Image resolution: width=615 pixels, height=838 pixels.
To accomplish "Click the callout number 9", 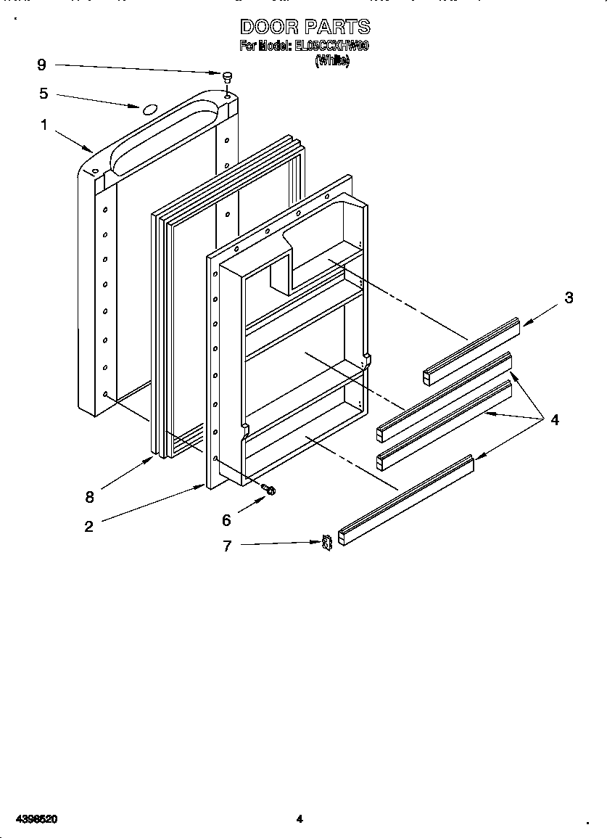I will pyautogui.click(x=41, y=65).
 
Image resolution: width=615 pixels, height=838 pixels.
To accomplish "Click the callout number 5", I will pyautogui.click(x=44, y=94).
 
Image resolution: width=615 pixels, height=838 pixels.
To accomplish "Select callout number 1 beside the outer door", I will pyautogui.click(x=44, y=126).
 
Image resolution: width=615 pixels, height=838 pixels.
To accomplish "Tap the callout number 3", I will pyautogui.click(x=569, y=297).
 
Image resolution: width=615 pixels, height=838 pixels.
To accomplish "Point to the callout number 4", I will pyautogui.click(x=555, y=419).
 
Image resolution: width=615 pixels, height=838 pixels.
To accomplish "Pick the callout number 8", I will pyautogui.click(x=90, y=497).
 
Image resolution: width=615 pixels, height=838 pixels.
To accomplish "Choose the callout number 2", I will pyautogui.click(x=88, y=527).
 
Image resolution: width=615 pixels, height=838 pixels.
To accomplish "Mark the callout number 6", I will pyautogui.click(x=226, y=520).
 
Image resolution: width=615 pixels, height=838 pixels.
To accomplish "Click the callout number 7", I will pyautogui.click(x=227, y=546).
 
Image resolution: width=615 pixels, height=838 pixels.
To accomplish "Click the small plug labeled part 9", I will pyautogui.click(x=227, y=76).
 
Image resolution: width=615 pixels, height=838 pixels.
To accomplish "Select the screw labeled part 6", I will pyautogui.click(x=270, y=490).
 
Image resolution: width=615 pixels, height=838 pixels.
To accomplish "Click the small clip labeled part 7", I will pyautogui.click(x=327, y=541).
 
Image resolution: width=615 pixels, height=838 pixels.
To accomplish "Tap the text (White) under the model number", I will pyautogui.click(x=332, y=62).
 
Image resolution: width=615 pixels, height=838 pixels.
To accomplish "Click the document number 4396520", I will pyautogui.click(x=30, y=819).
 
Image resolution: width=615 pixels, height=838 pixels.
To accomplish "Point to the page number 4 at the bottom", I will pyautogui.click(x=299, y=819).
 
